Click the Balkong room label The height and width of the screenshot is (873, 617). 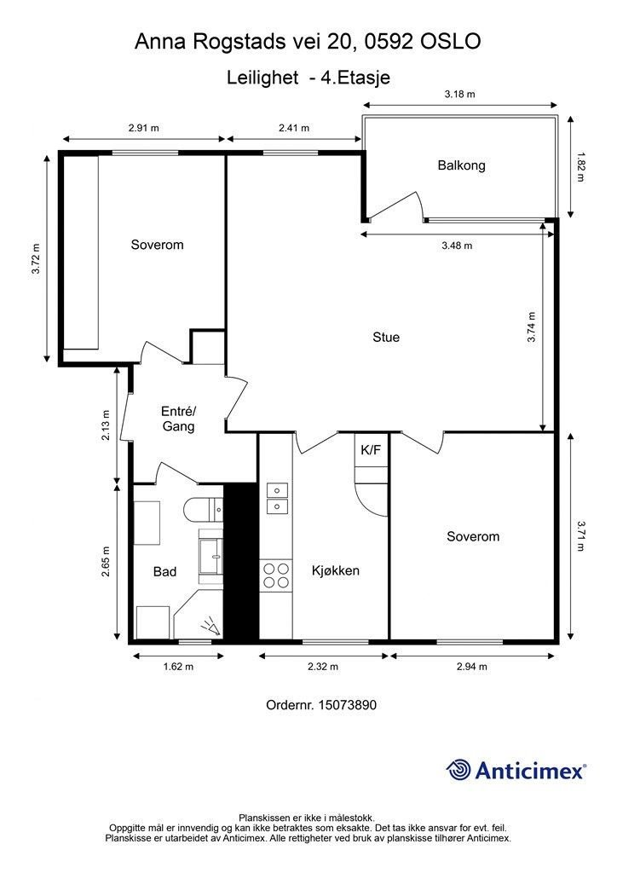[461, 165]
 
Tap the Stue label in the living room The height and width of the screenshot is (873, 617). [386, 338]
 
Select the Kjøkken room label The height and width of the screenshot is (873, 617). [336, 570]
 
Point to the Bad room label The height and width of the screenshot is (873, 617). [164, 572]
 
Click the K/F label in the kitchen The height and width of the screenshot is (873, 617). [371, 450]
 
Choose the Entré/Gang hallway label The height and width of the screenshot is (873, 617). [179, 419]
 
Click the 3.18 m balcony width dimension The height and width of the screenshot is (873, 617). [459, 94]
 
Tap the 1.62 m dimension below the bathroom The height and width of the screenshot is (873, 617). [178, 667]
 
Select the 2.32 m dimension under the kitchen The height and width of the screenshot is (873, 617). [323, 667]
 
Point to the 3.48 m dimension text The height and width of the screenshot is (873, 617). [457, 246]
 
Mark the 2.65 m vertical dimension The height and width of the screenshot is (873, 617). [106, 561]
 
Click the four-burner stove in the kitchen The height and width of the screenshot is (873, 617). [276, 575]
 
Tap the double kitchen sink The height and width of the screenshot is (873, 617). [277, 498]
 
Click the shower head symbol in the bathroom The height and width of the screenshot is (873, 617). [210, 627]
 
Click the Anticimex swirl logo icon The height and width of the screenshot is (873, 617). [458, 770]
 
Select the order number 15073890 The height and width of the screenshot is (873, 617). [347, 705]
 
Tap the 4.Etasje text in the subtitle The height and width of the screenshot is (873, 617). [355, 77]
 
